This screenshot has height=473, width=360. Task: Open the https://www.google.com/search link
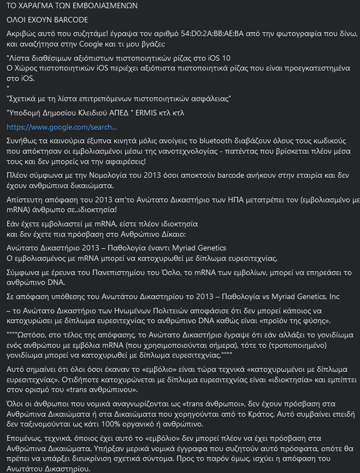[x=61, y=127]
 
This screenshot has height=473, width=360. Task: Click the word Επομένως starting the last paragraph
[x=25, y=439]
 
